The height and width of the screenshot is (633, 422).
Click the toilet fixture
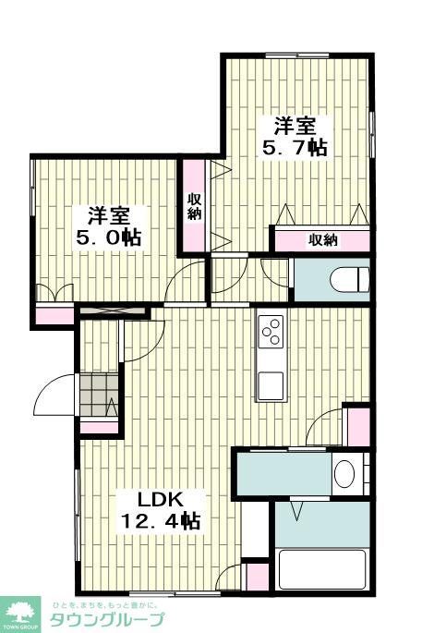pos(351,278)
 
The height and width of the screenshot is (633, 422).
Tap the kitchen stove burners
pos(271,331)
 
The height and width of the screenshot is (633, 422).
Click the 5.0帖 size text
pos(108,237)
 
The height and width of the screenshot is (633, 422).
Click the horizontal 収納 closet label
pos(322,240)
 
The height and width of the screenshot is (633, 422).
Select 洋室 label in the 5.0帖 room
pos(108,215)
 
